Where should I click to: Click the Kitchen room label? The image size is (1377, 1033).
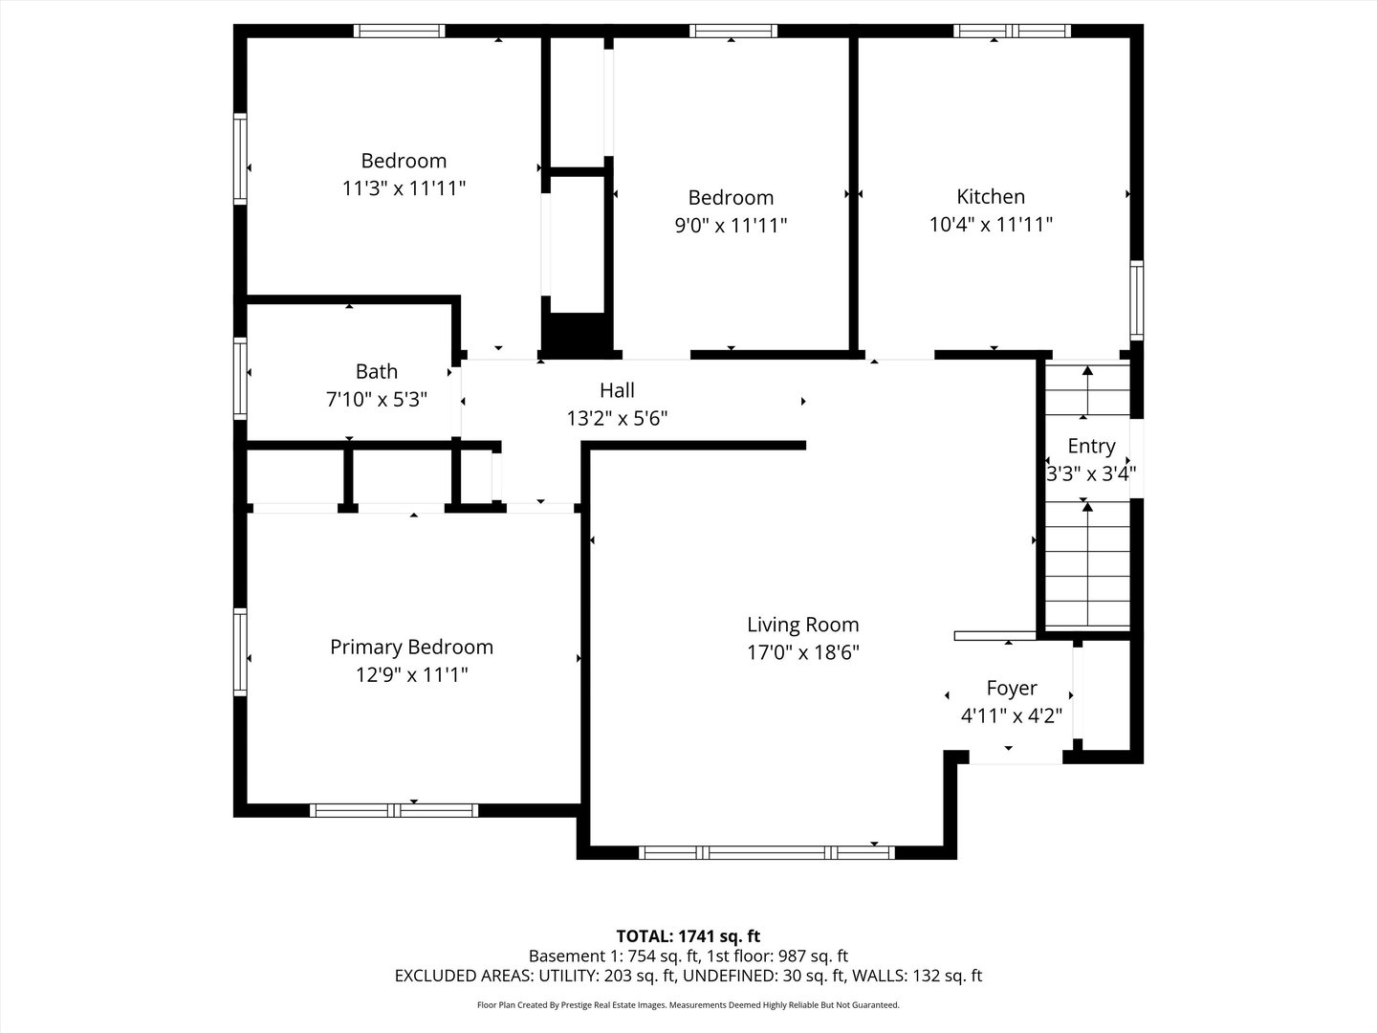(991, 197)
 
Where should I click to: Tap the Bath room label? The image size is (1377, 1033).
(377, 371)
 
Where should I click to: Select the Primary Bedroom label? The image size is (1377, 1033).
(411, 648)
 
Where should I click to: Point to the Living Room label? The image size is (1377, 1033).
(803, 625)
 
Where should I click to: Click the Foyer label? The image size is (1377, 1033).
(1012, 688)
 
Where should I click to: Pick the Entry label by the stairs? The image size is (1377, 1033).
(1092, 446)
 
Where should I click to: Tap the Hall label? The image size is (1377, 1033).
(618, 390)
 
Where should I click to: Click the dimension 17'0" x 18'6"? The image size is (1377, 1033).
(803, 652)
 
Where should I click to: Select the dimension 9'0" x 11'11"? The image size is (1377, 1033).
(731, 225)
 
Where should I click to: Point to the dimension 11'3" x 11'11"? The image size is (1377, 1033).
(404, 188)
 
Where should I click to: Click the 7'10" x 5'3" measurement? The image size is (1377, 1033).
(377, 399)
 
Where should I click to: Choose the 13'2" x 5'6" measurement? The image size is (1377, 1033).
(618, 418)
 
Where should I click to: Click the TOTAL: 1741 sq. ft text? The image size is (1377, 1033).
(688, 936)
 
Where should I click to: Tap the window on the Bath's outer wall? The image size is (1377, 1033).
(240, 379)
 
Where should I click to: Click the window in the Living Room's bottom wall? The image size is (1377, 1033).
(767, 852)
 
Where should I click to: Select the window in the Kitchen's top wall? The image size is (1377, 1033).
(1012, 31)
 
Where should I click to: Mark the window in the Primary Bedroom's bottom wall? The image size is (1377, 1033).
(394, 810)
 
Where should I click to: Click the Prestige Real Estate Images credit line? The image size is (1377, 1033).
(688, 1004)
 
